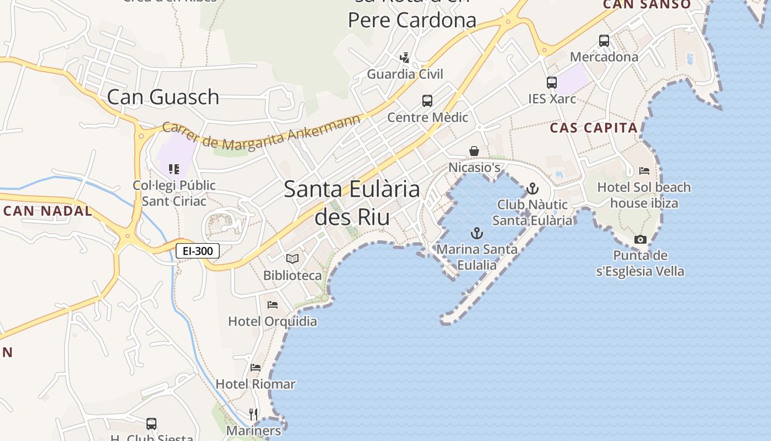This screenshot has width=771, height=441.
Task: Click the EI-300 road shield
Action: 198,251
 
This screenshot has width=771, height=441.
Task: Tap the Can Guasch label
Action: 163,97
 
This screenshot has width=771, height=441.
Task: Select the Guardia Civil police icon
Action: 405,57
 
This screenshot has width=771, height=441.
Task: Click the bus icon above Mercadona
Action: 604,40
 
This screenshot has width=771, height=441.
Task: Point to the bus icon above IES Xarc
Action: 552,83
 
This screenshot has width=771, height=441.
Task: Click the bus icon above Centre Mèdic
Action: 427,101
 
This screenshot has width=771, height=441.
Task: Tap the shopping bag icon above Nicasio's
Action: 474,151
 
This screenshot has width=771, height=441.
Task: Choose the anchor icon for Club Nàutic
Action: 533,189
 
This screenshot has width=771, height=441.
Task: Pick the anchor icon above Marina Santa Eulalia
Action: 477,233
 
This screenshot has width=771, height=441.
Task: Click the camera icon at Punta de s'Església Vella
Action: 640,239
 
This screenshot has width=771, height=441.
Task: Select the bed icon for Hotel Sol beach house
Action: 644,171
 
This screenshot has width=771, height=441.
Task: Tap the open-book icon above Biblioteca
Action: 292,259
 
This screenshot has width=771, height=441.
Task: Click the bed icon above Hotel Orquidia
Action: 273,304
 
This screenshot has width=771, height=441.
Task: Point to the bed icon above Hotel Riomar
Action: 256,367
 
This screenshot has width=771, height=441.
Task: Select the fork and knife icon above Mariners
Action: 253,414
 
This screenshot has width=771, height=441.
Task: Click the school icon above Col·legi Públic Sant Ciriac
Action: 174,169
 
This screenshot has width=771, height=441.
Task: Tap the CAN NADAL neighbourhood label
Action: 48,211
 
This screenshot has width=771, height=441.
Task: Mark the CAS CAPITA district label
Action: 594,128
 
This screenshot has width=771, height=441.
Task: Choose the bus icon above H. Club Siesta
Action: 151,424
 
